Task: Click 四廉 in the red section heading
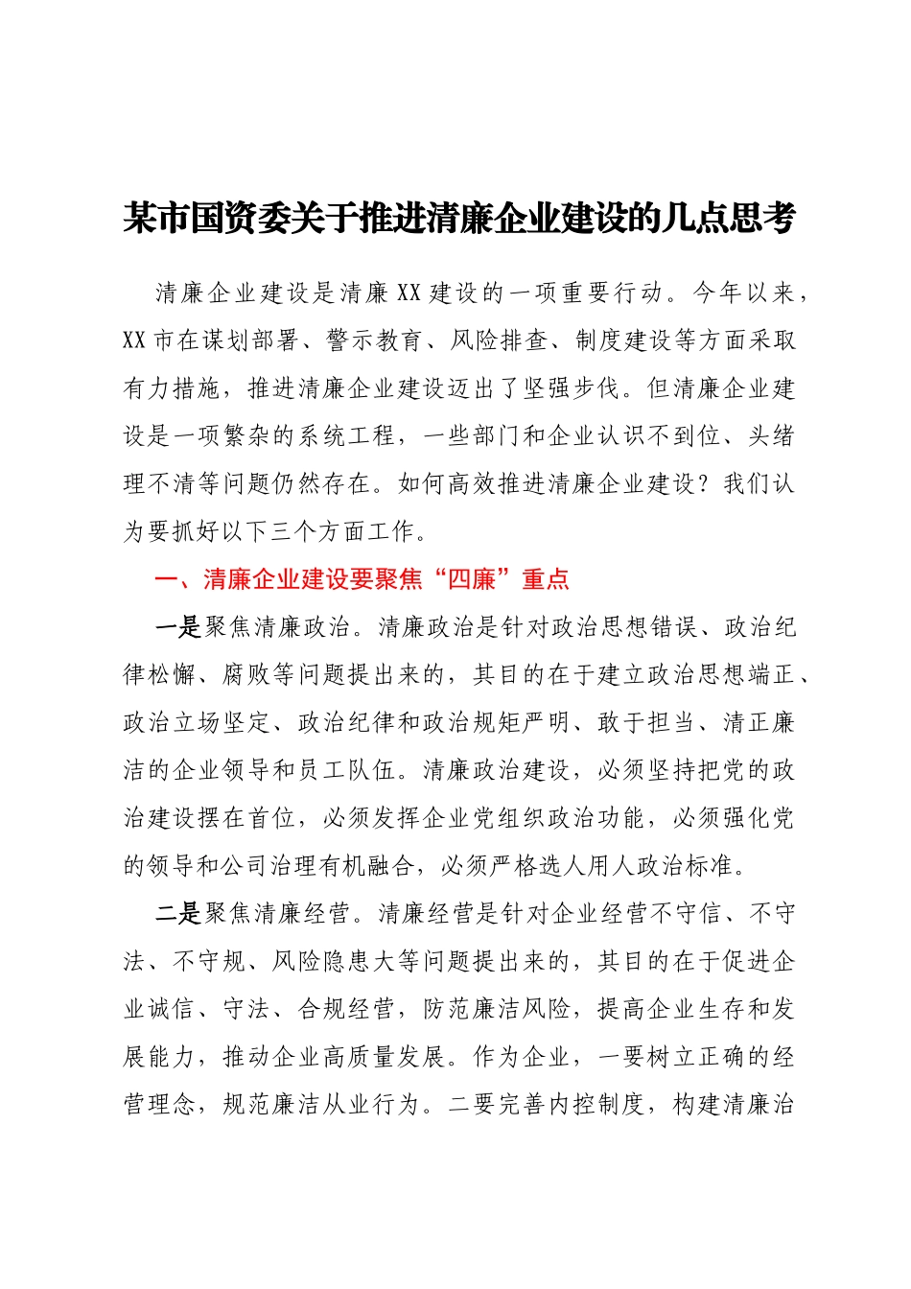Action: click(472, 579)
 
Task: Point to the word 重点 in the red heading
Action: click(546, 579)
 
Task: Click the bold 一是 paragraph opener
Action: click(178, 627)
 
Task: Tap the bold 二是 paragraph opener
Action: click(178, 914)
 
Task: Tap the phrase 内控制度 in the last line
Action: click(596, 1105)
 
